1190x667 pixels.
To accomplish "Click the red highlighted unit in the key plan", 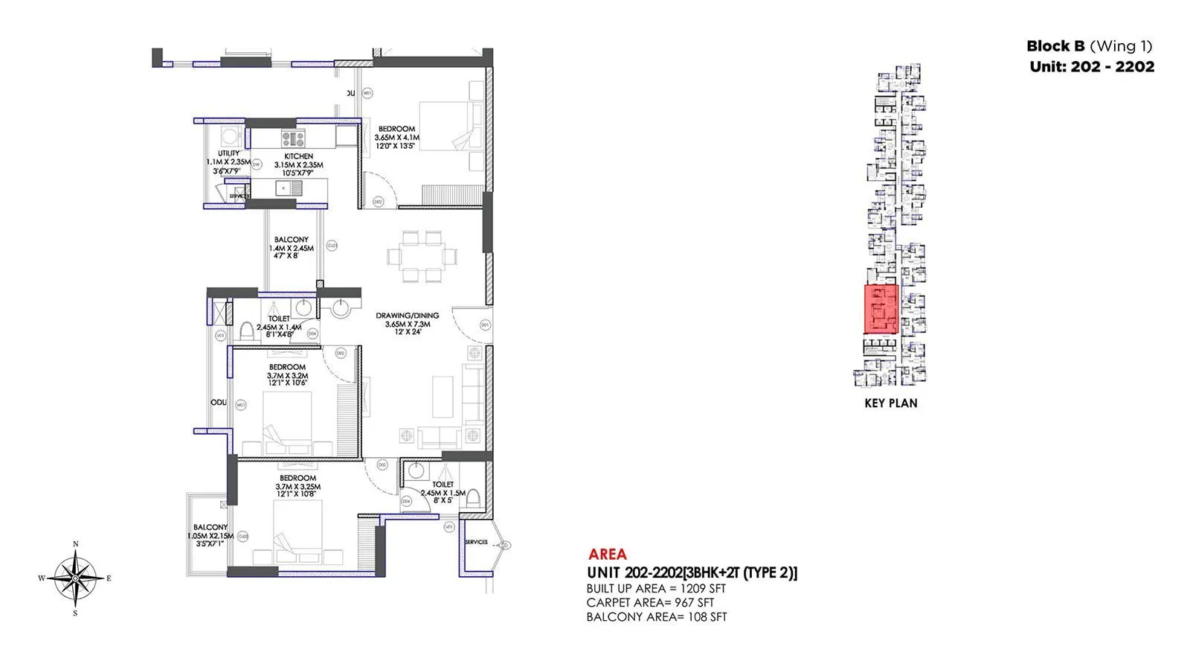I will (881, 309).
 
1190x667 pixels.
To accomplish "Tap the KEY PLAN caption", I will (891, 403).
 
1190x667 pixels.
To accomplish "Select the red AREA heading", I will (607, 554).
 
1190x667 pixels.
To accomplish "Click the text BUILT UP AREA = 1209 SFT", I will (656, 588).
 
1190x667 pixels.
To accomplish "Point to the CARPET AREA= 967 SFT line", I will (650, 602).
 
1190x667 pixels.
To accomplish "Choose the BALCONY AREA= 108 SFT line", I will (657, 616).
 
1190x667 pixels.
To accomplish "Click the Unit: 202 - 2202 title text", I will (1092, 66).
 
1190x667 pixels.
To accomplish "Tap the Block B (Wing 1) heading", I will (1090, 46).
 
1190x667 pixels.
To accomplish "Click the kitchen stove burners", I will (292, 138).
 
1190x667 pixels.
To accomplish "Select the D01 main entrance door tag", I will (485, 325).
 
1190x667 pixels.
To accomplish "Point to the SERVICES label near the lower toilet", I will (476, 542).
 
